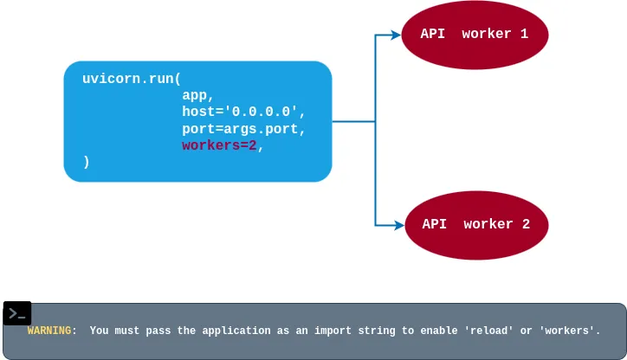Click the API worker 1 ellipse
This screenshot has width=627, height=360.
pyautogui.click(x=475, y=35)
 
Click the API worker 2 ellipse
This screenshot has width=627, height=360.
pyautogui.click(x=476, y=224)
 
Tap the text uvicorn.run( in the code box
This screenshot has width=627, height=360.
pyautogui.click(x=132, y=79)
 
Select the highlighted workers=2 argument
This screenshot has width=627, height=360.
pyautogui.click(x=219, y=145)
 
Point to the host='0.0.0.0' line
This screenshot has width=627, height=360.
pyautogui.click(x=243, y=112)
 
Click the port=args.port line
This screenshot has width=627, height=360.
pyautogui.click(x=243, y=129)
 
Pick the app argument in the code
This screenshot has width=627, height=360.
pyautogui.click(x=197, y=95)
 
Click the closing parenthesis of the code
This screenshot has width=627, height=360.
pyautogui.click(x=87, y=162)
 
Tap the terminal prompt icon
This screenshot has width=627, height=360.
pyautogui.click(x=17, y=313)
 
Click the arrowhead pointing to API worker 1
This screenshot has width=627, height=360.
pyautogui.click(x=396, y=35)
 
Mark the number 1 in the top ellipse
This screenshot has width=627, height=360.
pyautogui.click(x=524, y=35)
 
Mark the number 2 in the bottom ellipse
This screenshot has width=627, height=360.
pyautogui.click(x=526, y=224)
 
